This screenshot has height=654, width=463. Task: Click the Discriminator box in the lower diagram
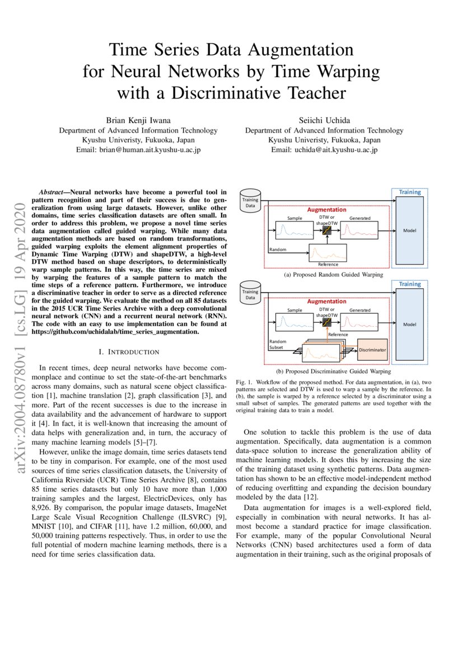click(x=372, y=350)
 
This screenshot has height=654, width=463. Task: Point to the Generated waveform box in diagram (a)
click(x=359, y=230)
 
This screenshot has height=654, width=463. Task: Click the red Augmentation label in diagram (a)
click(x=326, y=210)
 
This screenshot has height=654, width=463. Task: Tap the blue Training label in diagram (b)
click(x=410, y=284)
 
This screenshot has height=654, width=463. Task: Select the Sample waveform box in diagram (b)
click(x=294, y=322)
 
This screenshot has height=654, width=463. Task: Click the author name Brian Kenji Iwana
click(x=138, y=121)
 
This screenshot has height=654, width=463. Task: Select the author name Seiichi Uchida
click(x=324, y=121)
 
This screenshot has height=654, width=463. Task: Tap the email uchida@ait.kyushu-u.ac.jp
click(x=324, y=150)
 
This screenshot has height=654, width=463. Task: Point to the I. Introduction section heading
click(x=129, y=352)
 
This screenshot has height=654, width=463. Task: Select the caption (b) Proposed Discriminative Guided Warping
click(x=333, y=371)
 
